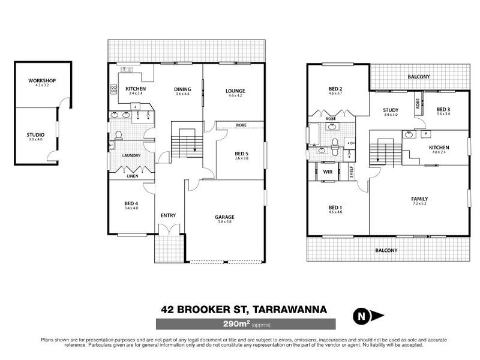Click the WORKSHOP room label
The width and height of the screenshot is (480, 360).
point(41,80)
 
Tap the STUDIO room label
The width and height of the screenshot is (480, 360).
point(36,134)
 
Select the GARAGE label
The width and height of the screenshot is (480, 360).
point(224,217)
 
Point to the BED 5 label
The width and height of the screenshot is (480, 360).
point(241,154)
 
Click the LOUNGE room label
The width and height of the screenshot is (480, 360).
point(235,91)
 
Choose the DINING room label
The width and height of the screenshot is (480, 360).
point(182,89)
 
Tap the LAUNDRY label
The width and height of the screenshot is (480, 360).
point(131,156)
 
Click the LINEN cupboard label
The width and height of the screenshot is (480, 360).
point(131,176)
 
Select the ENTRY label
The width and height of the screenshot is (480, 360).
point(167,216)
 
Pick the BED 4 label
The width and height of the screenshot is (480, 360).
point(131,203)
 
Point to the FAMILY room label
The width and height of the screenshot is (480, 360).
point(419,199)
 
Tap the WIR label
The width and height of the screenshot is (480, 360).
point(328,172)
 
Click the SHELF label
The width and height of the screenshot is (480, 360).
point(351,172)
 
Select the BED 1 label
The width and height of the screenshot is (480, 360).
point(335,207)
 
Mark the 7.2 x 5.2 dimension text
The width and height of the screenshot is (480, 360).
point(419,204)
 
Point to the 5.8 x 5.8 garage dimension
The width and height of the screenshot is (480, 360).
point(224,222)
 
